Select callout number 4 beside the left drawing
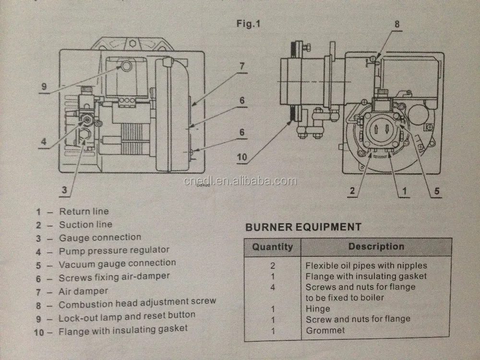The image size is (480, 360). point(43,141)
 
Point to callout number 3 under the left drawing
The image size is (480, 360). point(64,190)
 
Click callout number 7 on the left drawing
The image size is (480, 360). point(242,66)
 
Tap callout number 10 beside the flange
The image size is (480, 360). point(242,156)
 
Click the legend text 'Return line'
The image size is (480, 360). point(84,211)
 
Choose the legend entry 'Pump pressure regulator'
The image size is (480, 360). point(114,250)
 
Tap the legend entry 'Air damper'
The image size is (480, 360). point(83,291)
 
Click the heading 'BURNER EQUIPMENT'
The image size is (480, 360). point(303,227)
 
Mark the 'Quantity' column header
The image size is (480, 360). point(272,247)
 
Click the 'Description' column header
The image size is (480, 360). point(376,247)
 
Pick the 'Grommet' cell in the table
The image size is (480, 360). point(325,330)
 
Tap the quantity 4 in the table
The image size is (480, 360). point(273,287)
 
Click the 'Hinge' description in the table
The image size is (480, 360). point(318,309)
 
